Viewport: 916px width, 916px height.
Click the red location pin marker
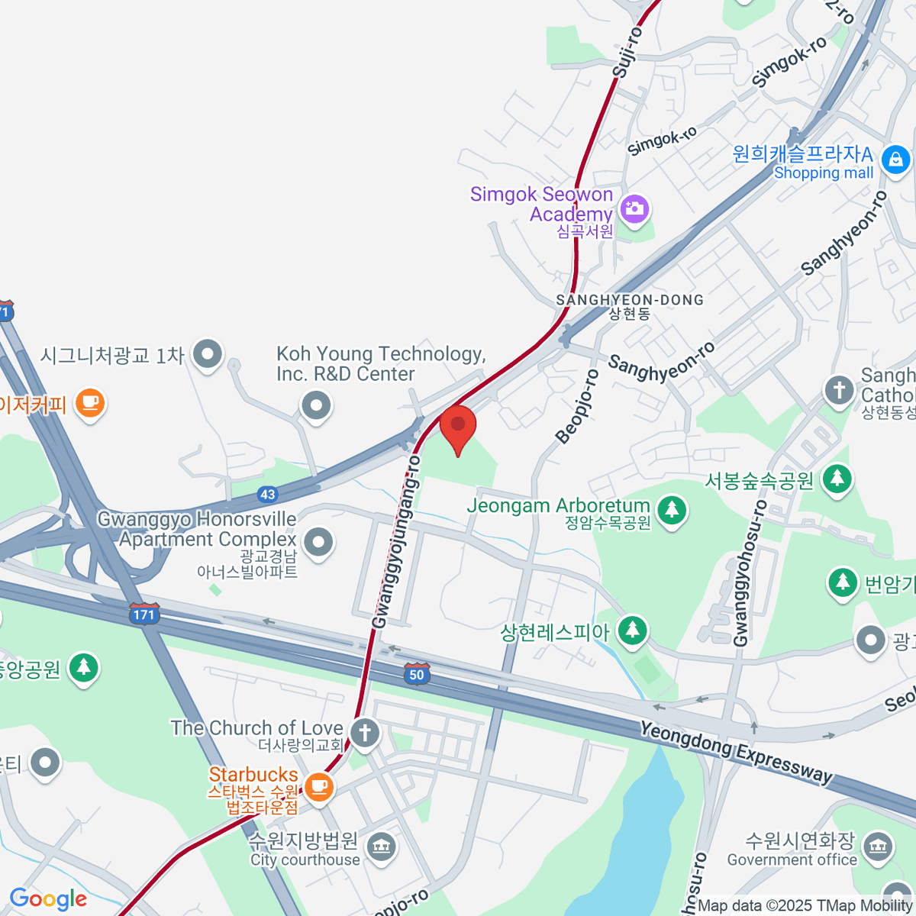pos(458,426)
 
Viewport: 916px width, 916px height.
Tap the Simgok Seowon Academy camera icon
pos(634,208)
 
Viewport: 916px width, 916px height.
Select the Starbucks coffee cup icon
pos(319,785)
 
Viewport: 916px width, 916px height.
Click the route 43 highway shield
pos(267,495)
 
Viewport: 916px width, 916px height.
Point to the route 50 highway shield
pos(416,673)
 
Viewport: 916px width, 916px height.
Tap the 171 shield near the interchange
pos(144,614)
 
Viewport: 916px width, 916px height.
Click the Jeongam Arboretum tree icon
pos(672,508)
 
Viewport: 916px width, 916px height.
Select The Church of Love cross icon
pos(365,734)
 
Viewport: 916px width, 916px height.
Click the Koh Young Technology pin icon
pos(316,405)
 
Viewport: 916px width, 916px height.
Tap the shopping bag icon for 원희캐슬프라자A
pos(895,160)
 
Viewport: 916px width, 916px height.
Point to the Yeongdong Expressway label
pos(736,752)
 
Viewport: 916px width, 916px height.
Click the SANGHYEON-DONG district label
pos(630,300)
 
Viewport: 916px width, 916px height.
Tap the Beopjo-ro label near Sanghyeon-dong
pos(578,406)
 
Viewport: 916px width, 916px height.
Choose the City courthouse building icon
pos(380,845)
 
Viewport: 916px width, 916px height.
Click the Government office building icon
pos(877,845)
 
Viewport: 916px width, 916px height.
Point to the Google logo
pos(49,899)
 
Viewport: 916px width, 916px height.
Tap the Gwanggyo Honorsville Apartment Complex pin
pos(318,543)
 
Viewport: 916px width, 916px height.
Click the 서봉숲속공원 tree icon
pos(837,479)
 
